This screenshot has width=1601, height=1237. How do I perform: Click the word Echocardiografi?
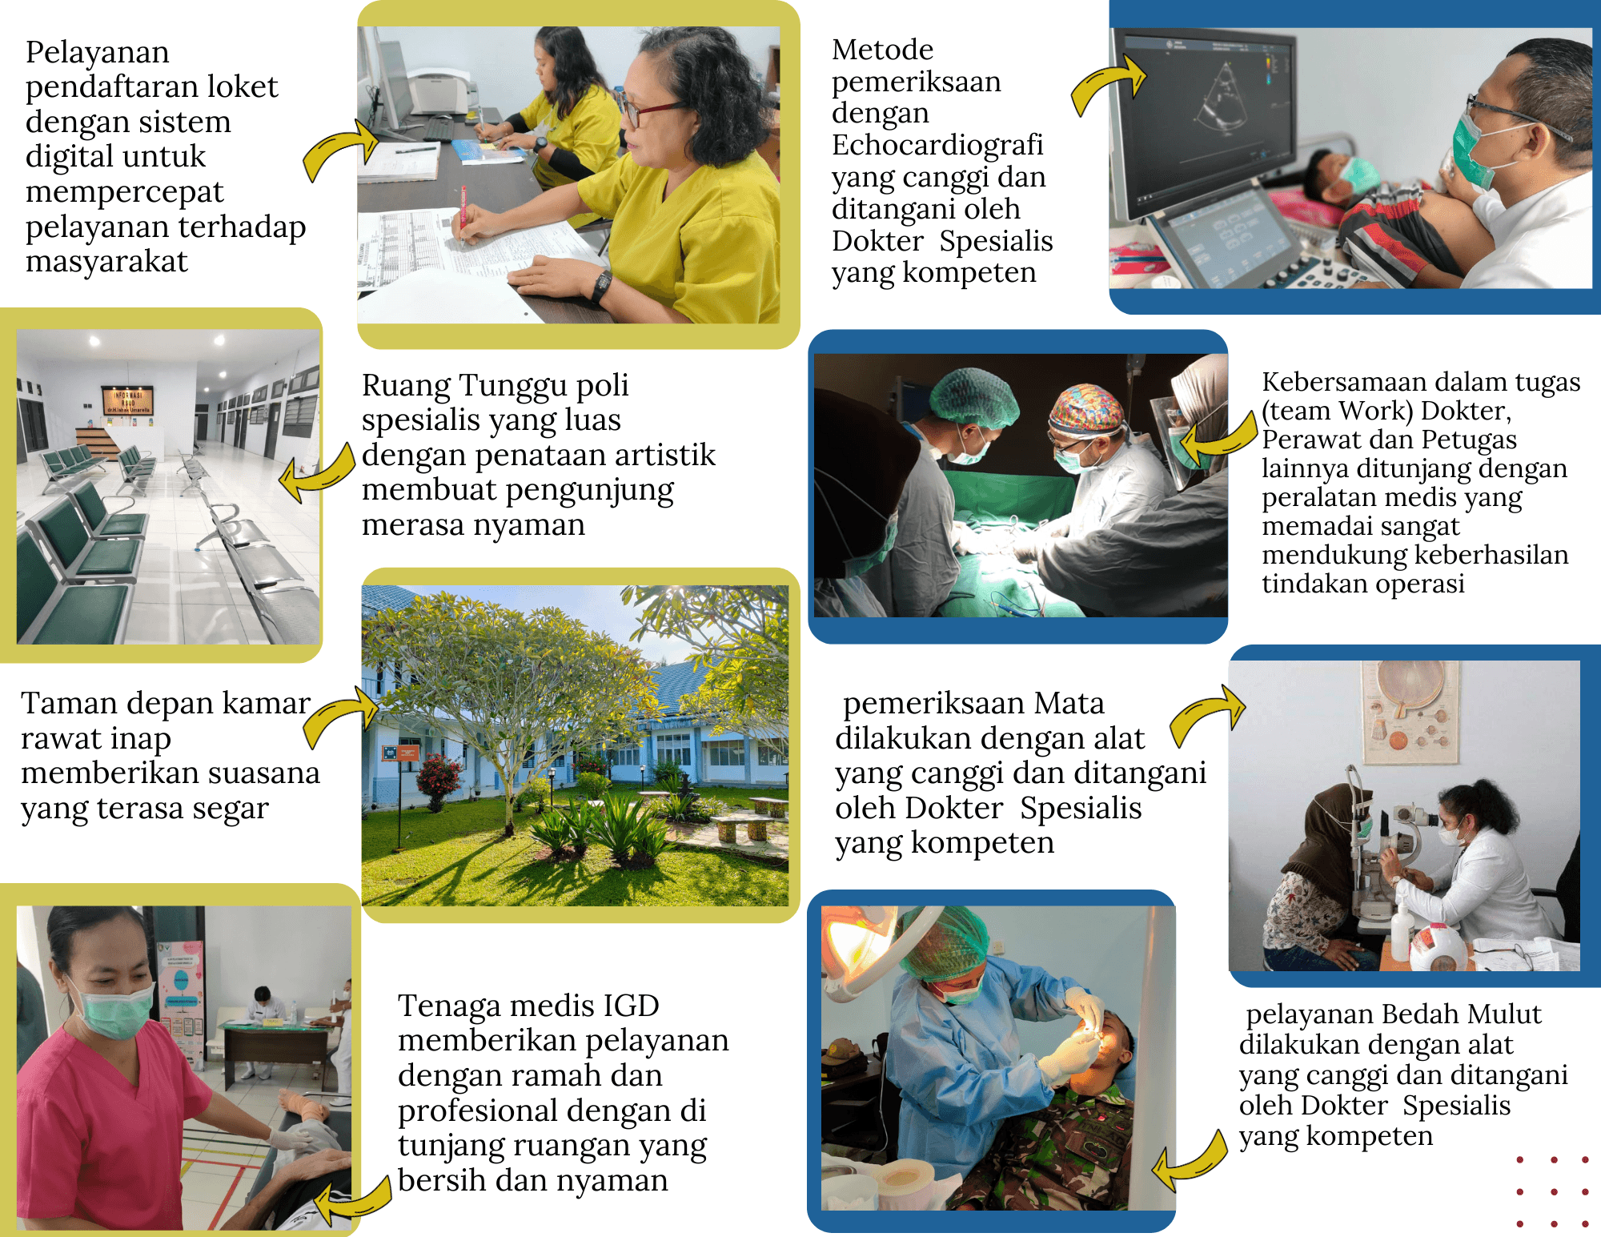[x=937, y=145]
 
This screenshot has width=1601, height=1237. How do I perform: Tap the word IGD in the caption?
[x=632, y=1006]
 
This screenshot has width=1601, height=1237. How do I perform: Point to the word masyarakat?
[x=106, y=262]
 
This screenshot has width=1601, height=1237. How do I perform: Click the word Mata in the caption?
[x=1069, y=703]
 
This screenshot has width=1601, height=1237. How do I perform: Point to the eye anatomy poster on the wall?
[x=1410, y=711]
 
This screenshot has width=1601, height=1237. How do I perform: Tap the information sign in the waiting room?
[x=127, y=400]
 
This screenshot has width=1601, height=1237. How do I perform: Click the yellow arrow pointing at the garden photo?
[x=340, y=717]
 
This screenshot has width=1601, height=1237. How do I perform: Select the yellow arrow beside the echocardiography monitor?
[x=1109, y=85]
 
